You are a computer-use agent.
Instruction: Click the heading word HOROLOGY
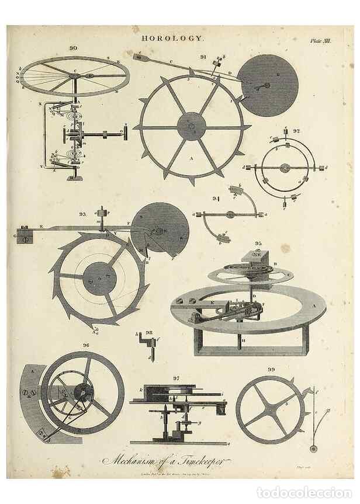click(x=174, y=37)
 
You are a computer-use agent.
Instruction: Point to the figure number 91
click(x=203, y=57)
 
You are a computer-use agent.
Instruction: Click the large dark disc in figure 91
click(x=269, y=85)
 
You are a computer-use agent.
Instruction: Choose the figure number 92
click(x=296, y=131)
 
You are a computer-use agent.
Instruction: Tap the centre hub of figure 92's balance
click(x=285, y=168)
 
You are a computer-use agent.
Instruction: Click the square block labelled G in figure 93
click(x=25, y=237)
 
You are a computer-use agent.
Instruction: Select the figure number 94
click(x=216, y=200)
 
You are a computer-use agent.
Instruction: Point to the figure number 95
click(x=258, y=243)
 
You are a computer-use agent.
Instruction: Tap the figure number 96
click(x=86, y=345)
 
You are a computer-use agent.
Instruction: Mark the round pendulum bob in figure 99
click(x=314, y=449)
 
